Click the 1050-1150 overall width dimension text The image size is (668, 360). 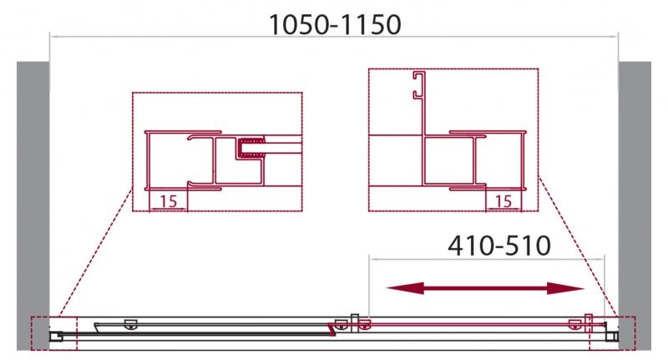(335, 25)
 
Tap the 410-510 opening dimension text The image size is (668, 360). (498, 246)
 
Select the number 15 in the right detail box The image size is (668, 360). (503, 201)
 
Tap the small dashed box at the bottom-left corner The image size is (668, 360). (53, 333)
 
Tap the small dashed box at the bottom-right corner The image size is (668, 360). (612, 333)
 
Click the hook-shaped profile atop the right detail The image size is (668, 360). (414, 88)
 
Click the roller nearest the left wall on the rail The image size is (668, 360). (129, 323)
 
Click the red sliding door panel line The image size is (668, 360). (468, 322)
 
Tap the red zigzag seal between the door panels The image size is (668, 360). (335, 332)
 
